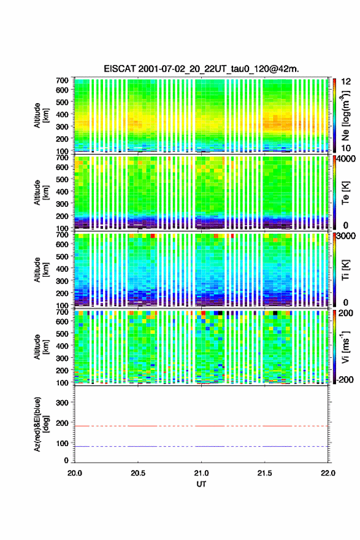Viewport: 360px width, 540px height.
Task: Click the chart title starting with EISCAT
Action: pos(201,69)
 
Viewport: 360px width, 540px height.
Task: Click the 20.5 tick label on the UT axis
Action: pos(138,473)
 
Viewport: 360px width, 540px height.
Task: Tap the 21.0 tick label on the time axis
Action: pos(201,473)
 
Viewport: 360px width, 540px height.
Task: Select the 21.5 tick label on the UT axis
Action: pos(265,473)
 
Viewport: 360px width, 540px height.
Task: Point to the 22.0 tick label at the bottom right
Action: pos(328,473)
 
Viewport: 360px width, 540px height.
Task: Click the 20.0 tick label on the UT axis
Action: pos(75,473)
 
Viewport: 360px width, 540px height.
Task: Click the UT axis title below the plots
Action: pos(201,484)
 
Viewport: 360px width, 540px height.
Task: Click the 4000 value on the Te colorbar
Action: pos(347,159)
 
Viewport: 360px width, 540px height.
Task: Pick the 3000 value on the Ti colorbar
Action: pos(347,236)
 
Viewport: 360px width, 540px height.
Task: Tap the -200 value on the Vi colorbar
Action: pos(344,379)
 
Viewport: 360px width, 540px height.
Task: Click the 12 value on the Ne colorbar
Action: pos(347,82)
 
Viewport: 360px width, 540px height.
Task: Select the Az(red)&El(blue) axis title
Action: pos(41,424)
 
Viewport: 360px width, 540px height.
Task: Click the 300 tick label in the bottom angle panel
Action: pos(63,403)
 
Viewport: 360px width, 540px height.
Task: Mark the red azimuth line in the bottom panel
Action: pos(201,426)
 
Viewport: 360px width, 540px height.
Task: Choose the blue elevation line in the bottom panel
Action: pos(201,446)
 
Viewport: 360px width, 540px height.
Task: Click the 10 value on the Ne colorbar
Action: pos(347,148)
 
